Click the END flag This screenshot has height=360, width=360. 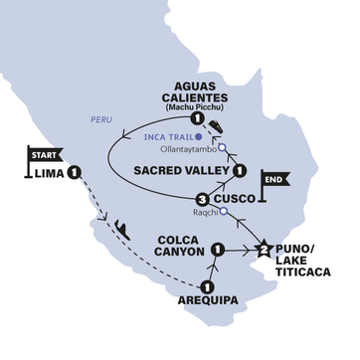272,181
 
